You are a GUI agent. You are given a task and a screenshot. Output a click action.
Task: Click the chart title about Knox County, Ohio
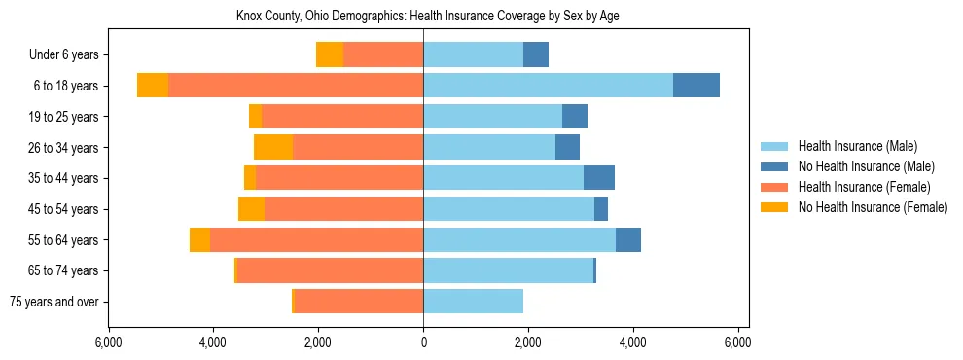[428, 17]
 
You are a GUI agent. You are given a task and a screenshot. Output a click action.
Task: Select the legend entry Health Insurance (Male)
[857, 147]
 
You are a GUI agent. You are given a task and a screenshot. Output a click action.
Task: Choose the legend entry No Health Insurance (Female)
[872, 207]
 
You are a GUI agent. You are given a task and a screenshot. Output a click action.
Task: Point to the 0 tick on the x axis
[423, 343]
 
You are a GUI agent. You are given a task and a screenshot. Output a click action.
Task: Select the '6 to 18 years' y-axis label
[65, 86]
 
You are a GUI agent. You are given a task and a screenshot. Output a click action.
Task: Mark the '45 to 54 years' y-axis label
[63, 209]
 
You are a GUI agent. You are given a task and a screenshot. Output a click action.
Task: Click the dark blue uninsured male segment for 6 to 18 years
[696, 86]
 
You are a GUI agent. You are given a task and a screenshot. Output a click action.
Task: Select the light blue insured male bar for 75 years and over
[473, 302]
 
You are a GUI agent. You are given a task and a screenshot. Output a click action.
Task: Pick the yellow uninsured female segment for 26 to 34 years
[273, 147]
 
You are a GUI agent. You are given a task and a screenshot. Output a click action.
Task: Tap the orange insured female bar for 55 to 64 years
[316, 240]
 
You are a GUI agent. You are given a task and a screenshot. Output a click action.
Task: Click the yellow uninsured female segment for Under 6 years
[330, 55]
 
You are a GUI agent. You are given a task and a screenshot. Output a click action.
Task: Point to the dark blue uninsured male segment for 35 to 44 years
[599, 178]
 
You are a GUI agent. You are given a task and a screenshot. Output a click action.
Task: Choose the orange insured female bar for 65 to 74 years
[330, 270]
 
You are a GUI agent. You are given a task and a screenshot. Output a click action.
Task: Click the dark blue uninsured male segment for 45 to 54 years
[601, 209]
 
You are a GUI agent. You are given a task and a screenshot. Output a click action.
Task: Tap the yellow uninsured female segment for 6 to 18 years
[153, 86]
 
